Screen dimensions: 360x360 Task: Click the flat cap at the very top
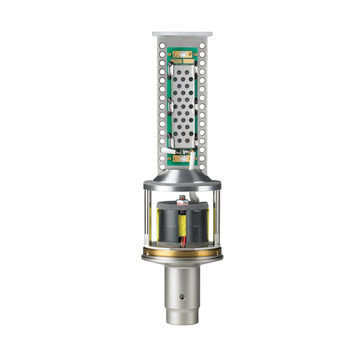pos(182,34)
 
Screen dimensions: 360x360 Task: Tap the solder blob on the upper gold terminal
pos(189,54)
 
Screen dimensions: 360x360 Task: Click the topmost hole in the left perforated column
pos(162,46)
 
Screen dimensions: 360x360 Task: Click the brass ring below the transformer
pos(182,253)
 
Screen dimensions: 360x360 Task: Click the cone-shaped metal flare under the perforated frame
pos(182,175)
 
